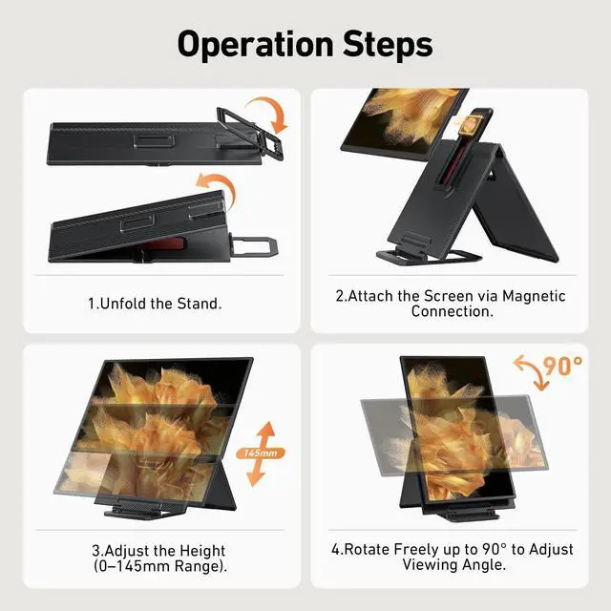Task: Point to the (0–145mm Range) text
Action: pyautogui.click(x=160, y=566)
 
